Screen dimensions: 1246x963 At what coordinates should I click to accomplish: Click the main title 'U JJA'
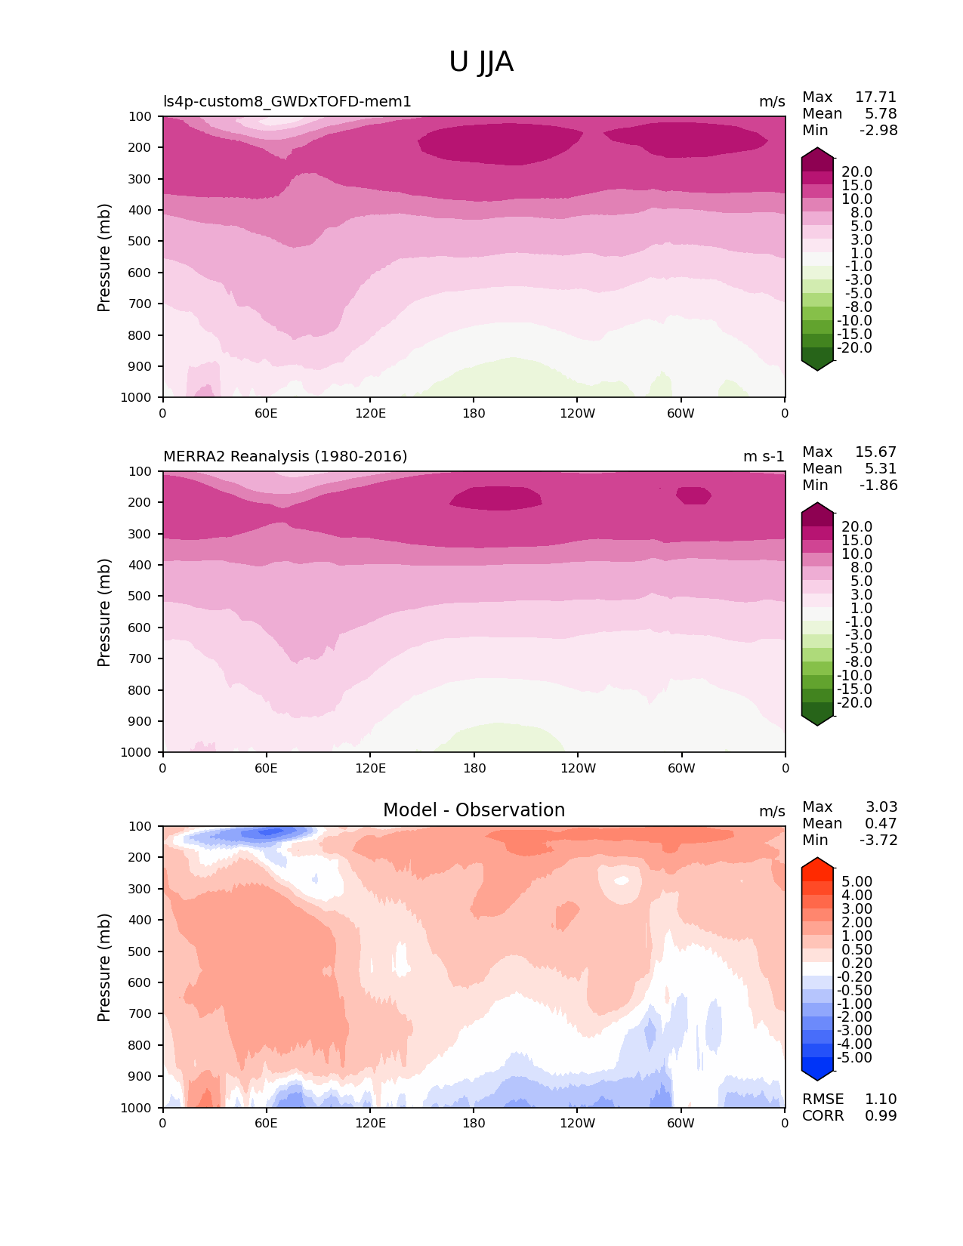(x=481, y=62)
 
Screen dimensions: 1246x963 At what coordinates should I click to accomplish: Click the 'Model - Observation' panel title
(x=474, y=810)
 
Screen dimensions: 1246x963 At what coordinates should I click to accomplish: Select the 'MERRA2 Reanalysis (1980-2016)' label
(x=285, y=456)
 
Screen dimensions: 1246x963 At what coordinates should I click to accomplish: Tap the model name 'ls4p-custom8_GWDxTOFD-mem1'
(x=287, y=101)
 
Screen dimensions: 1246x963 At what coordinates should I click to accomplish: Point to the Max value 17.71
(x=875, y=97)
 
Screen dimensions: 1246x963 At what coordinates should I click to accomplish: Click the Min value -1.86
(x=878, y=485)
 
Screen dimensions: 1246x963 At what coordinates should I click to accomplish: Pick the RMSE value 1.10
(x=881, y=1099)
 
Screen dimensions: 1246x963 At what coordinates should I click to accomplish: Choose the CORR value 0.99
(x=881, y=1115)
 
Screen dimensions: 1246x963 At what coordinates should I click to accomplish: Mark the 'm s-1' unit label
(x=764, y=456)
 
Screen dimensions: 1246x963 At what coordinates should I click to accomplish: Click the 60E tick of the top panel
(x=266, y=413)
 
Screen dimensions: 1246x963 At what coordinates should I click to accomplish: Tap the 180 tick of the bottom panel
(x=474, y=1123)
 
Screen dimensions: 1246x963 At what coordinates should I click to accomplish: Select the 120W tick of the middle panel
(x=578, y=768)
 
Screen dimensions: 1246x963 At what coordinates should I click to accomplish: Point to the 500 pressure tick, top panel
(x=140, y=241)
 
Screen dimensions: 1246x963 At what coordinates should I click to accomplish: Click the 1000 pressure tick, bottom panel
(x=137, y=1108)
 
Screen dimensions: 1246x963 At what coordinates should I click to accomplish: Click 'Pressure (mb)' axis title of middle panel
(x=104, y=612)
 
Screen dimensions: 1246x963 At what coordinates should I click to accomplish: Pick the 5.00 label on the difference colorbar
(x=857, y=881)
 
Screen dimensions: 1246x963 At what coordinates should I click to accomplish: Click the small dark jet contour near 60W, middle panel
(x=693, y=495)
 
